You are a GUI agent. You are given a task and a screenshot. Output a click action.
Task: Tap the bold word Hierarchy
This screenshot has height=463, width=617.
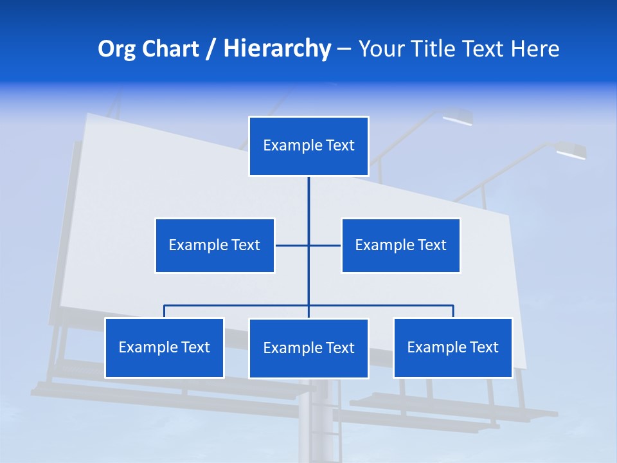coord(277,49)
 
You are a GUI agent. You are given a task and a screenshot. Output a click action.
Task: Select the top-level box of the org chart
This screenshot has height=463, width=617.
coord(308,146)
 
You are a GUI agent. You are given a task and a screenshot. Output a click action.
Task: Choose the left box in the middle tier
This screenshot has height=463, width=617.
coord(215,245)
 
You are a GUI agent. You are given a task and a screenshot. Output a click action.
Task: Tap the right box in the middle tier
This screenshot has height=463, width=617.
coord(400,245)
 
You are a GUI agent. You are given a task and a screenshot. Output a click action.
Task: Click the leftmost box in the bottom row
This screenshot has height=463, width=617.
coord(165,348)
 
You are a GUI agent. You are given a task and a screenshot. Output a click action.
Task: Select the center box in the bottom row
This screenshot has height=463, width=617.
coord(308,349)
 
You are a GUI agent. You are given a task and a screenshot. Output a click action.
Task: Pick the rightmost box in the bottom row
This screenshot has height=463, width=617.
coord(453,348)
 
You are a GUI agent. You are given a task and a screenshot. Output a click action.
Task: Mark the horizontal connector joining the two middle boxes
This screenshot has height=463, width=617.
coord(292,245)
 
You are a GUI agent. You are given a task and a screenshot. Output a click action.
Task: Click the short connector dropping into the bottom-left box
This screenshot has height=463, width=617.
coord(165,311)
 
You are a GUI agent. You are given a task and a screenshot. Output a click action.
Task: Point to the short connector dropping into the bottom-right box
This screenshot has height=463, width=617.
coord(453,311)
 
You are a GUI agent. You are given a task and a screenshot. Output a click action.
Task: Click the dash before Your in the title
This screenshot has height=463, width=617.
coord(344,50)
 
